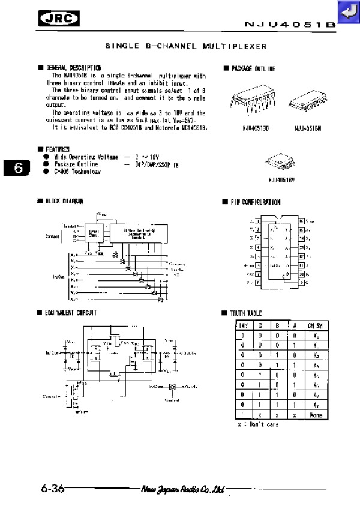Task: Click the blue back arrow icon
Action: coord(346,11)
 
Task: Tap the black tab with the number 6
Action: coord(18,168)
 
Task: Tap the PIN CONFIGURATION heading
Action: coord(255,202)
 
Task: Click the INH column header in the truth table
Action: coord(243,325)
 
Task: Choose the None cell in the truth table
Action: coord(316,415)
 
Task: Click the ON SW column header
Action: coord(316,325)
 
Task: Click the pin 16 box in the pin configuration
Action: coord(301,221)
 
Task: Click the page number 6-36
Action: coord(53,489)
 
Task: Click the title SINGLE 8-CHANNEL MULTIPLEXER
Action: coord(186,46)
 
